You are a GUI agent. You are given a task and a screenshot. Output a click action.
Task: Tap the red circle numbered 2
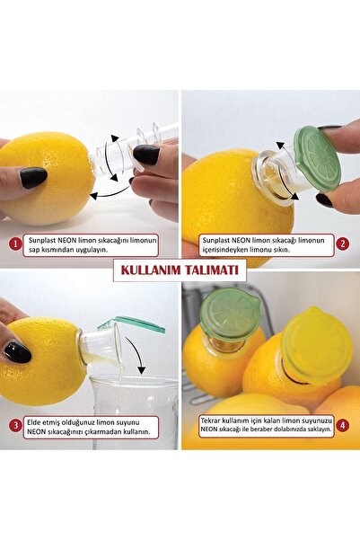click(x=342, y=243)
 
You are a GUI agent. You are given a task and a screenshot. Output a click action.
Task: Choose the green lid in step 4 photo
click(x=230, y=314)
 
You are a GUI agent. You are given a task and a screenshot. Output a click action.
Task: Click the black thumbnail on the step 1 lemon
click(x=33, y=178)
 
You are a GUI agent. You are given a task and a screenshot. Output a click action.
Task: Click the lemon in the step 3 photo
click(x=45, y=359)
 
